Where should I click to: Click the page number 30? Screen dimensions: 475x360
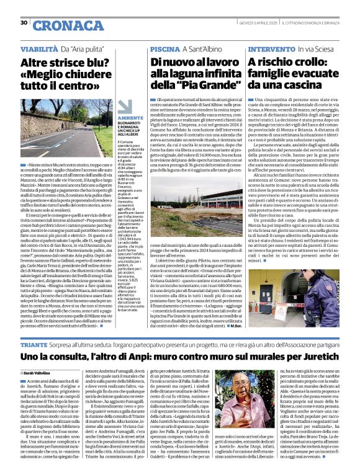tap(24, 22)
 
